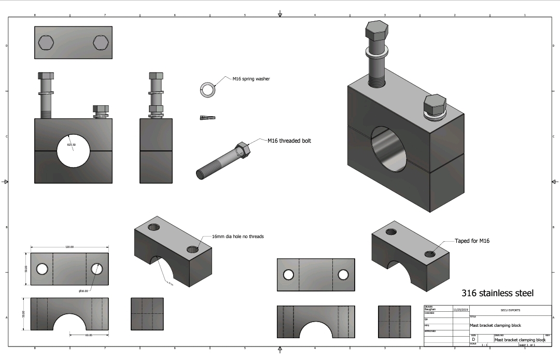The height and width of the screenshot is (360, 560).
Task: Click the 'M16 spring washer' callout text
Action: pyautogui.click(x=249, y=79)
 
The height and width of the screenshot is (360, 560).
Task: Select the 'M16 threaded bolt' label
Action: pyautogui.click(x=289, y=141)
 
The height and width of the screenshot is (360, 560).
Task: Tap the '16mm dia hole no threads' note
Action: pyautogui.click(x=237, y=237)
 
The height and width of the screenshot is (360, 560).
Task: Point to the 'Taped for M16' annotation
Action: pyautogui.click(x=472, y=241)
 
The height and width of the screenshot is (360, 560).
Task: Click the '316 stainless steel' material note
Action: pyautogui.click(x=497, y=293)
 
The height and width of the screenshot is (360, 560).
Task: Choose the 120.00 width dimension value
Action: pyautogui.click(x=69, y=247)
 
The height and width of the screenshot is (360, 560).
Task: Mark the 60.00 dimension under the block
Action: pyautogui.click(x=89, y=335)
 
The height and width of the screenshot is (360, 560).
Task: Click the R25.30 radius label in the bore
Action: pyautogui.click(x=72, y=145)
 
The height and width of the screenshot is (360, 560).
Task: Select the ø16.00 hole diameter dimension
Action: pyautogui.click(x=83, y=291)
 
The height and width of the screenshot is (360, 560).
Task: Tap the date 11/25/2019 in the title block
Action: pyautogui.click(x=460, y=310)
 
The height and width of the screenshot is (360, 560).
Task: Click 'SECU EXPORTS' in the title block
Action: pyautogui.click(x=510, y=310)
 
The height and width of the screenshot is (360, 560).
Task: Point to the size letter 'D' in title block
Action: pyautogui.click(x=473, y=339)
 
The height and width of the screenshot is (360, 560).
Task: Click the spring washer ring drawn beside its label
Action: pyautogui.click(x=208, y=89)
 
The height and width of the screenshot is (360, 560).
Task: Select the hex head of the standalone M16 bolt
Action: pyautogui.click(x=243, y=150)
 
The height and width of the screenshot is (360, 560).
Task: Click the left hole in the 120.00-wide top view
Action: pyautogui.click(x=42, y=269)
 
